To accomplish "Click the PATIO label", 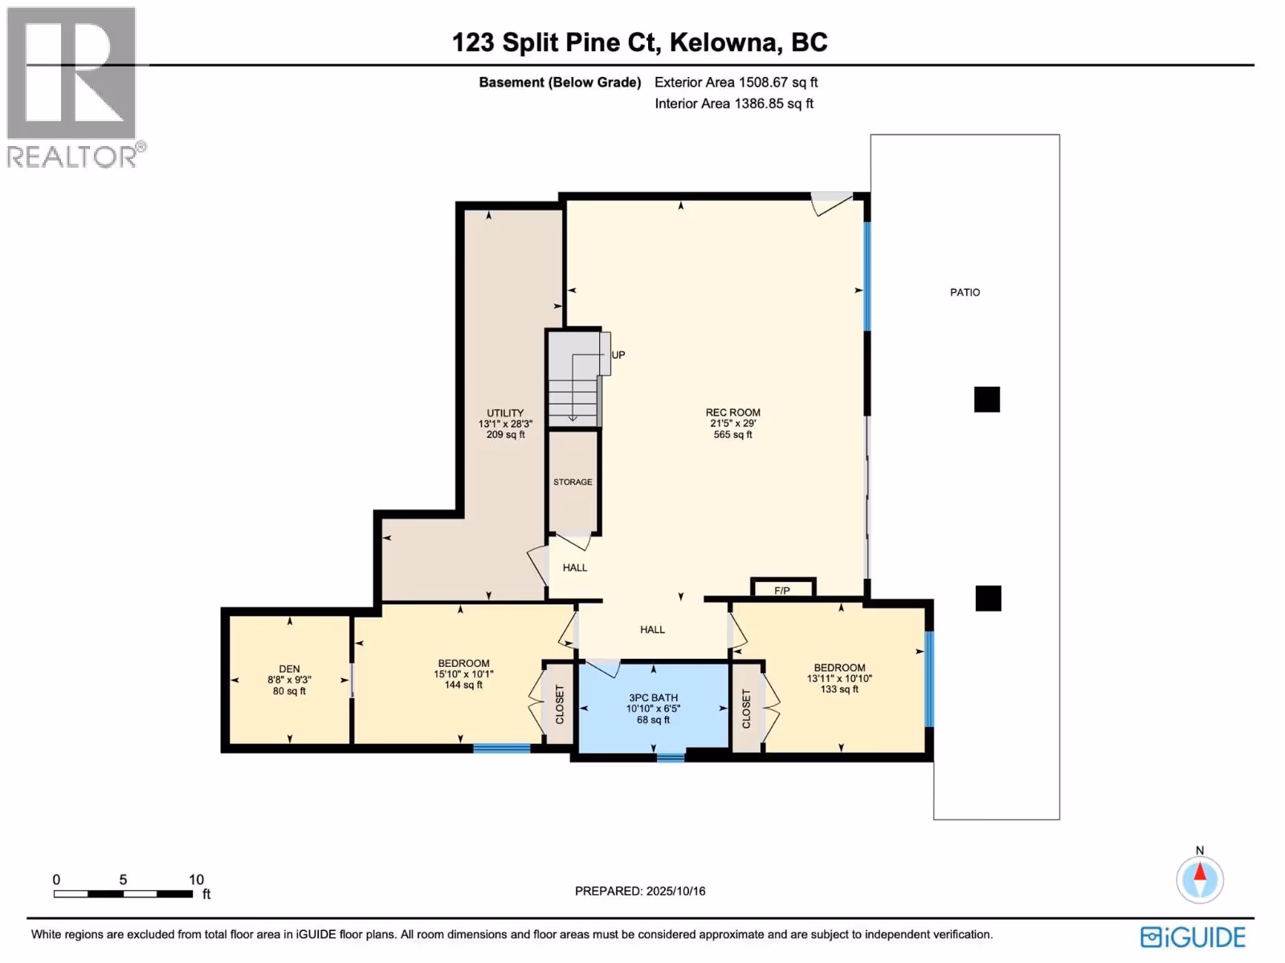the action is (x=965, y=292).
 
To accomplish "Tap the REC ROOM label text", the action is (x=732, y=412).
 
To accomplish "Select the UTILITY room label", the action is (x=504, y=412).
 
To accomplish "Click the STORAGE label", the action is (x=573, y=481).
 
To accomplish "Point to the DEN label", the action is (x=289, y=669).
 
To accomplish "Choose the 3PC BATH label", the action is (x=653, y=697).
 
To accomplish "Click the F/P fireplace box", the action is (x=783, y=587).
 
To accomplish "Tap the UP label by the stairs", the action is (x=618, y=355).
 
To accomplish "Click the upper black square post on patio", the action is (x=986, y=400).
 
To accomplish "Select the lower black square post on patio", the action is (x=988, y=598).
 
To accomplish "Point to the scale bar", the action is (x=123, y=893).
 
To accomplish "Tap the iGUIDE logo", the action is (x=1193, y=937).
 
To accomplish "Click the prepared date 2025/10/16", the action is (x=675, y=891).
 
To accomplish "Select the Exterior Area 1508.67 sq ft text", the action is (x=736, y=83).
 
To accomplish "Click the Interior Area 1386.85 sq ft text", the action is (x=733, y=104).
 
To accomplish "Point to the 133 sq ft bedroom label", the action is (x=839, y=689).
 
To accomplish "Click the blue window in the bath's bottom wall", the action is (x=671, y=758).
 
